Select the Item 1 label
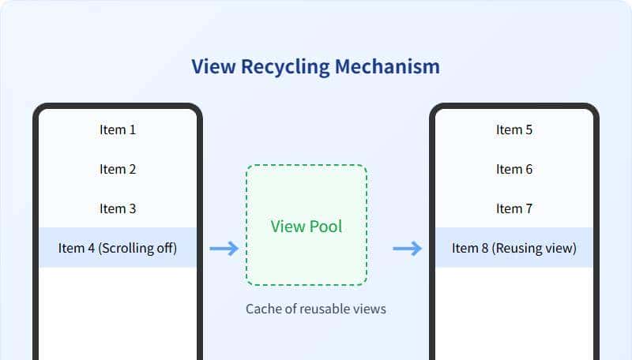click(118, 129)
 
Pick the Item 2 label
click(118, 169)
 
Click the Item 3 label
click(118, 208)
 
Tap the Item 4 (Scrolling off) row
click(118, 248)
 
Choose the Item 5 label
click(514, 129)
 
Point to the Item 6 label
click(514, 169)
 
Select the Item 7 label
click(514, 208)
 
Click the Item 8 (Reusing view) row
click(514, 248)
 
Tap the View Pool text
click(307, 227)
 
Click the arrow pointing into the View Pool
click(224, 249)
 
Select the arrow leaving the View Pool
click(407, 249)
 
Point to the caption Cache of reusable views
click(316, 309)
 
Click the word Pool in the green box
click(325, 227)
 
